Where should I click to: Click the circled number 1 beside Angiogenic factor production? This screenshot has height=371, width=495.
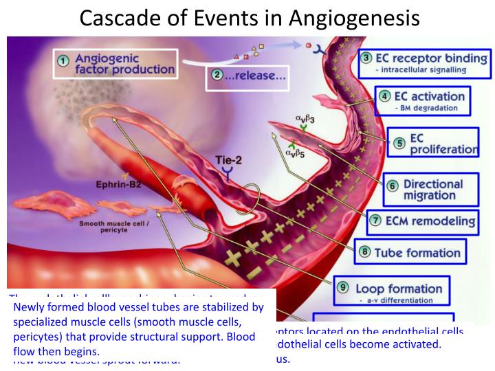click(x=63, y=61)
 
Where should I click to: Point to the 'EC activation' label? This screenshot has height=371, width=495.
click(x=430, y=96)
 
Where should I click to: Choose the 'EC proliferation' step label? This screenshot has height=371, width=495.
click(x=443, y=144)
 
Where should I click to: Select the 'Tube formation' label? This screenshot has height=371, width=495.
click(x=417, y=252)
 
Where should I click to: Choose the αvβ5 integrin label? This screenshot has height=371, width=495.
click(x=296, y=153)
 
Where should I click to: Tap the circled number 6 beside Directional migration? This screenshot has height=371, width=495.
click(x=392, y=185)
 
